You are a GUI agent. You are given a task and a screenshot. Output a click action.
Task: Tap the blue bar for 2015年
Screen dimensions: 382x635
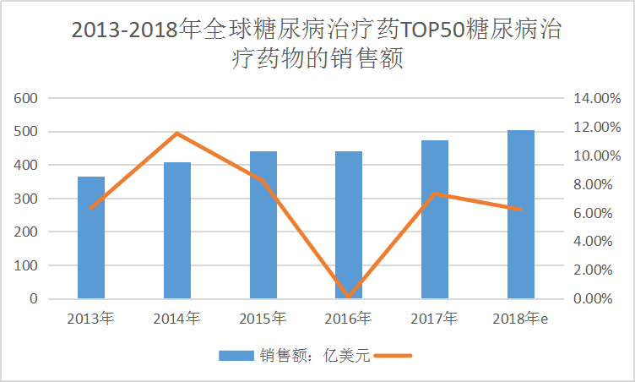pyautogui.click(x=263, y=225)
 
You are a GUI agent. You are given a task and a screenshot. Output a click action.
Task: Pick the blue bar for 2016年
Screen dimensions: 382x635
pyautogui.click(x=349, y=225)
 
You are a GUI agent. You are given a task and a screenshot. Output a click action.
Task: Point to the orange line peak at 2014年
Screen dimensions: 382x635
pyautogui.click(x=177, y=134)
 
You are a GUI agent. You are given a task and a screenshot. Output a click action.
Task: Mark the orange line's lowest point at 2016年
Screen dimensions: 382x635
pyautogui.click(x=349, y=297)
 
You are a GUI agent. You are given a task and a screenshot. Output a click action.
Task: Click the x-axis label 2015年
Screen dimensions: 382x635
pyautogui.click(x=263, y=319)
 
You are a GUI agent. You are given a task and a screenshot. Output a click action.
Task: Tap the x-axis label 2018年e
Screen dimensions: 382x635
pyautogui.click(x=521, y=319)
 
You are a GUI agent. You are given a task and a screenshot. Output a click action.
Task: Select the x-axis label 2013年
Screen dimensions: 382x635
pyautogui.click(x=91, y=319)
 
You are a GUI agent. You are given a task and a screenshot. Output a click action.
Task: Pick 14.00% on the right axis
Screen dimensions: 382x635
pyautogui.click(x=596, y=99)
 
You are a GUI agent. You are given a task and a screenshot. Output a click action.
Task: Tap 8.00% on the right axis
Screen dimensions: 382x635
pyautogui.click(x=596, y=184)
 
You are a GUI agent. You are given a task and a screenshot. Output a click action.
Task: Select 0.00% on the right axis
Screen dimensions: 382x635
pyautogui.click(x=596, y=298)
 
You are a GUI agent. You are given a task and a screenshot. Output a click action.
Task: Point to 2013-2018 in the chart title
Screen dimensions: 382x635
pyautogui.click(x=124, y=31)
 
